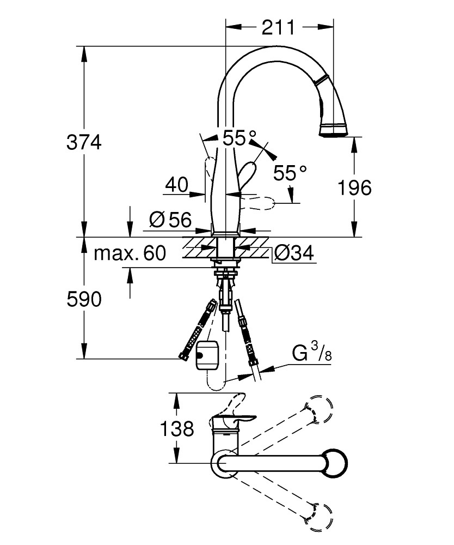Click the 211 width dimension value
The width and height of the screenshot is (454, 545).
point(278,28)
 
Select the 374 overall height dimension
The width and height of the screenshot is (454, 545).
point(84,142)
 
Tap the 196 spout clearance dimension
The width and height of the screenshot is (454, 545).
point(355,187)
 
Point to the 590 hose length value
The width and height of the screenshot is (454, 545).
point(84,299)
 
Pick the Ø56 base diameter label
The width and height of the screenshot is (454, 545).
point(170,220)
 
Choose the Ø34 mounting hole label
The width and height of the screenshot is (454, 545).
point(293,253)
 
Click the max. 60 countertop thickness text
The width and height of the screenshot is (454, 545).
point(130,253)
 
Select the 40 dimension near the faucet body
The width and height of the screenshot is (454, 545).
point(177,185)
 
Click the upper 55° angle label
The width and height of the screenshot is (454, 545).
point(240,138)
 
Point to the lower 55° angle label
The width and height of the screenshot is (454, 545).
point(290,173)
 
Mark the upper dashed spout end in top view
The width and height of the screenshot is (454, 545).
point(319,409)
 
